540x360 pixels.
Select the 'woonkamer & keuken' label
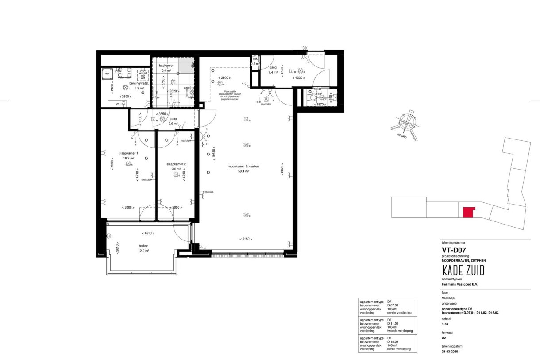(243, 166)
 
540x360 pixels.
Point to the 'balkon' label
(143, 246)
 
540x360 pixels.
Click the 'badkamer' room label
(166, 65)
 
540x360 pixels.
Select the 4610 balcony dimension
(148, 233)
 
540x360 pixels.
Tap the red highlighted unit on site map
(467, 212)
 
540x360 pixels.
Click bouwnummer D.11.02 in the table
(393, 323)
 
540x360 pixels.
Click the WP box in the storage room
(107, 74)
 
